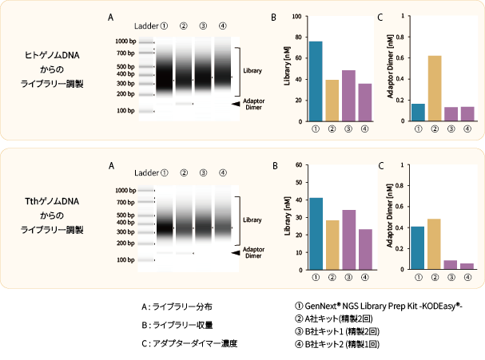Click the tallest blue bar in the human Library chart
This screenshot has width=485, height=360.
(x=316, y=81)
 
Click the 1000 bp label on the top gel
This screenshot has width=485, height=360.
(x=125, y=41)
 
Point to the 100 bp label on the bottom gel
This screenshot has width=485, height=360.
(x=125, y=260)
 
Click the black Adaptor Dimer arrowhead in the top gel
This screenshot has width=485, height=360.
(x=236, y=104)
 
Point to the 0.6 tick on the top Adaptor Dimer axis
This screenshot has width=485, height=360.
(x=398, y=57)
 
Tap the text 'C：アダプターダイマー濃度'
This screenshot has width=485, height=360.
(x=189, y=343)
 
